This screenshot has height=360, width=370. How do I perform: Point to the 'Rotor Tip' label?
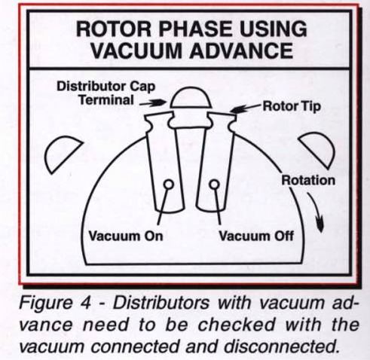(x=291, y=107)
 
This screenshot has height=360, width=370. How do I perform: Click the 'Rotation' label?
(x=307, y=181)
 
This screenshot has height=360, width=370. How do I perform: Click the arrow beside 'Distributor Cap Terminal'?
(x=161, y=99)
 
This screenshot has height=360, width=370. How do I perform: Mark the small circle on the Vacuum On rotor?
(x=168, y=184)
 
